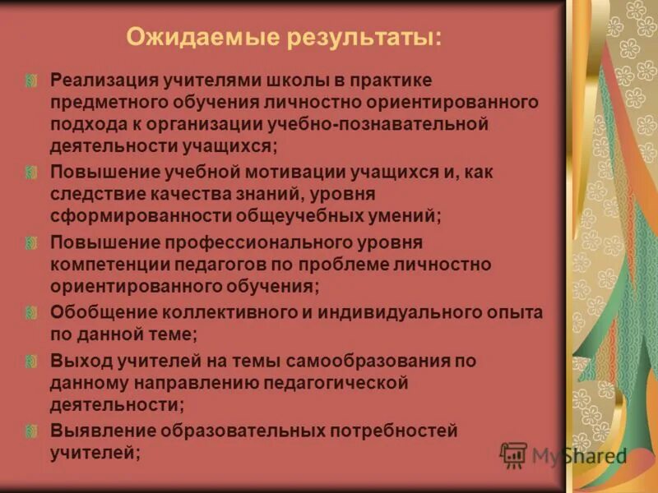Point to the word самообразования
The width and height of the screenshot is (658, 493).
[x=375, y=361]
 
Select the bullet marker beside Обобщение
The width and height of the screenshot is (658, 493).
[x=31, y=313]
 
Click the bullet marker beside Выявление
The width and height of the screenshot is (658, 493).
[x=31, y=431]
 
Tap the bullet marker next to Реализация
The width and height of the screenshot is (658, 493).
[x=31, y=81]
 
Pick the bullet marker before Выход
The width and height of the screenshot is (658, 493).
[x=31, y=361]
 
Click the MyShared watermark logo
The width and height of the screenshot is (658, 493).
[x=563, y=455]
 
